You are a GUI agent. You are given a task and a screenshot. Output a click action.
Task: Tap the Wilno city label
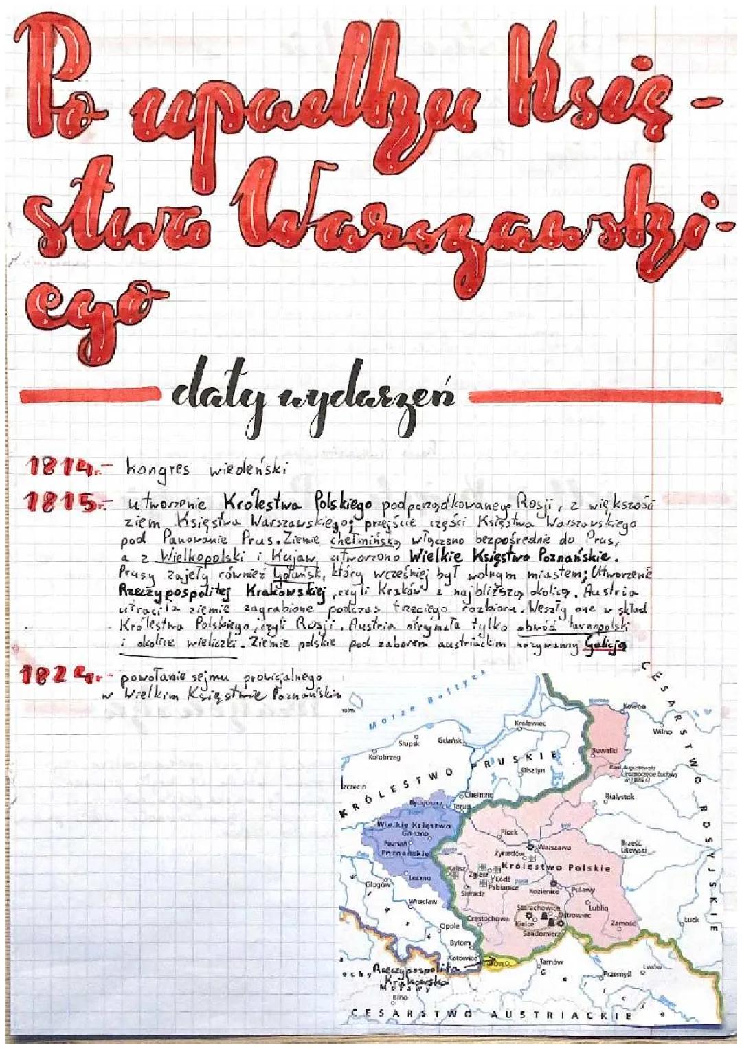tap(662, 732)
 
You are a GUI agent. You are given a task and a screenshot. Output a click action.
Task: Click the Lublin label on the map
tap(598, 907)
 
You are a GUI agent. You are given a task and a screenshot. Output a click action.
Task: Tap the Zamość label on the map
tap(622, 924)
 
